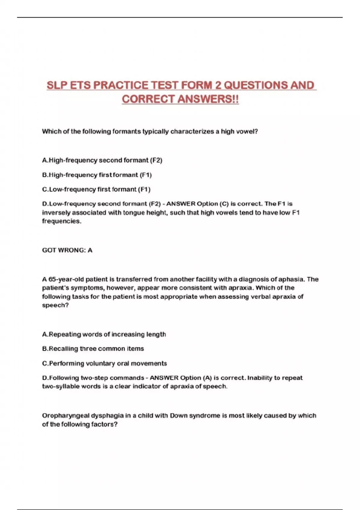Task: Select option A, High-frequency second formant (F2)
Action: (x=102, y=160)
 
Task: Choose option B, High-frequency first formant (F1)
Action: (x=97, y=175)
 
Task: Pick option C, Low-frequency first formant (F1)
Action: (x=96, y=189)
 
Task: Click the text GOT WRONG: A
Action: (x=67, y=250)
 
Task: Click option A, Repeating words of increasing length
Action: (x=104, y=334)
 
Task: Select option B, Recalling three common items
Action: (x=93, y=349)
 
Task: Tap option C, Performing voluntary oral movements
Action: (x=104, y=363)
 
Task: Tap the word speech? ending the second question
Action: (x=55, y=305)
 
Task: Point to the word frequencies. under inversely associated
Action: (x=61, y=221)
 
